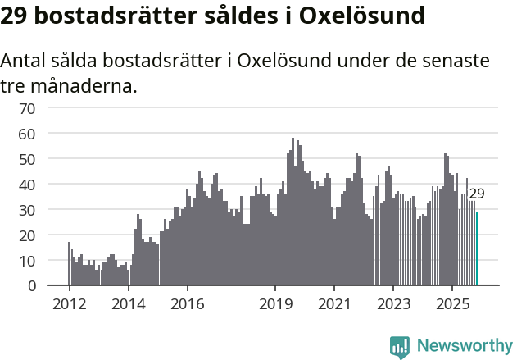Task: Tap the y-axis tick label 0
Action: (31, 286)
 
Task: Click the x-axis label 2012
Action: (70, 305)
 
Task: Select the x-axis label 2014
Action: (129, 305)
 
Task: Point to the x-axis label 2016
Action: (188, 305)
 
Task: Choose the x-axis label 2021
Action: (334, 305)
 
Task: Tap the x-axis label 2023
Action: (393, 305)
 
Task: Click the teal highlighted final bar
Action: (477, 249)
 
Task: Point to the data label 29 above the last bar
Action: (477, 194)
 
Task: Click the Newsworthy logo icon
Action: (400, 347)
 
